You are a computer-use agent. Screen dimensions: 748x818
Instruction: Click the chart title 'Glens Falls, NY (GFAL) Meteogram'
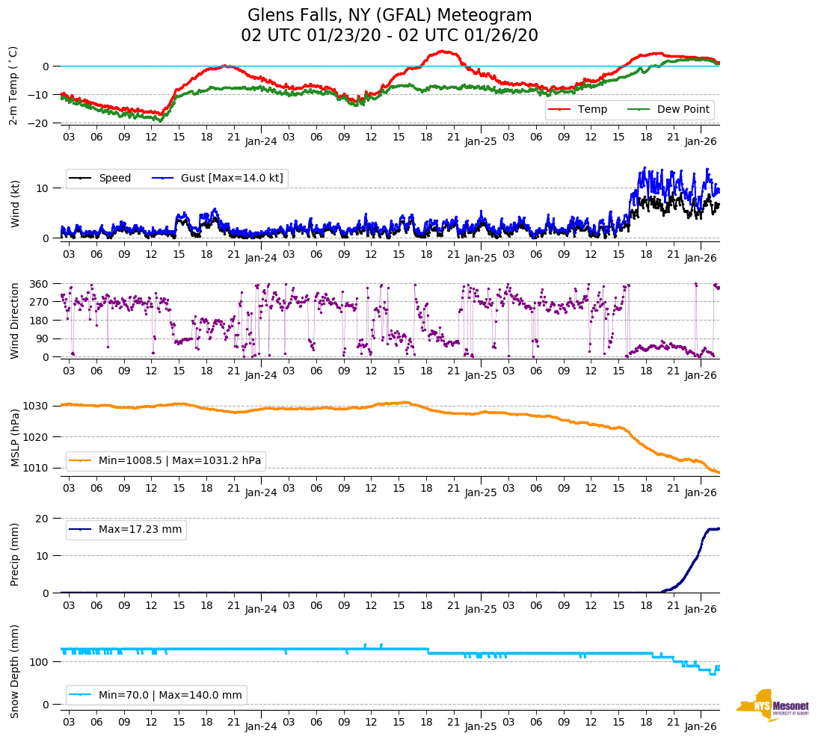pyautogui.click(x=390, y=15)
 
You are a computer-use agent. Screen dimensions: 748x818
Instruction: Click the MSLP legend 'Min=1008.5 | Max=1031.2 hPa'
pyautogui.click(x=166, y=460)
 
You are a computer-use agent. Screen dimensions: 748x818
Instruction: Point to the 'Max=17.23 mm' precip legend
pyautogui.click(x=126, y=529)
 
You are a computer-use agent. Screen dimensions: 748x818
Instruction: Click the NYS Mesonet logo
pyautogui.click(x=772, y=705)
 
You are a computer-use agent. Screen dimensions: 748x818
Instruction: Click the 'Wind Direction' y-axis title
pyautogui.click(x=15, y=321)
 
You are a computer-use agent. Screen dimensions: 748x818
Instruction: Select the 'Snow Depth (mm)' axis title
pyautogui.click(x=15, y=671)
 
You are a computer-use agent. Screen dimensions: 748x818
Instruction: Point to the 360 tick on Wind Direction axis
pyautogui.click(x=39, y=284)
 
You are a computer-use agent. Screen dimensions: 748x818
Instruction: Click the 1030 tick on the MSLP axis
pyautogui.click(x=36, y=406)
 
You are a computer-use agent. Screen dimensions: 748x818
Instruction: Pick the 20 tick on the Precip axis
pyautogui.click(x=43, y=519)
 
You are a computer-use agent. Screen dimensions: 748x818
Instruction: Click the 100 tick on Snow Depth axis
pyautogui.click(x=40, y=662)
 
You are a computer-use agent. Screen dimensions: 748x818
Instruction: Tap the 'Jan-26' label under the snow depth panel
pyautogui.click(x=701, y=726)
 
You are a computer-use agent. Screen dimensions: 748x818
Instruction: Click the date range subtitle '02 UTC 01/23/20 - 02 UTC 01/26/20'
pyautogui.click(x=390, y=35)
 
